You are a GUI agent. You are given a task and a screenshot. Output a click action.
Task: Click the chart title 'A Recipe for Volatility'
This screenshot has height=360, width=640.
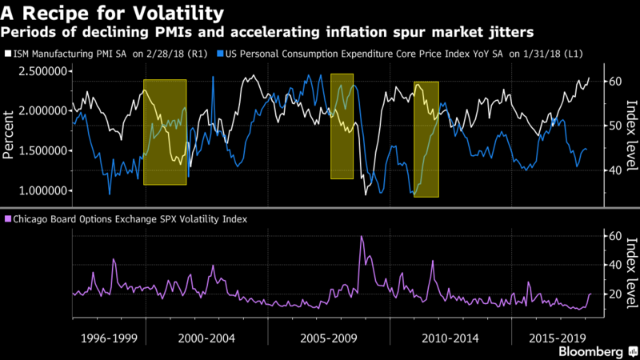coord(112,13)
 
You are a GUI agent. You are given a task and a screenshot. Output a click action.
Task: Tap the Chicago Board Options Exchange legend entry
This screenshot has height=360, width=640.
coord(128,218)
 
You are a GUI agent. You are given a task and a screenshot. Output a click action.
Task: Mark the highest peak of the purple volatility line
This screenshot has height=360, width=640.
coord(362,237)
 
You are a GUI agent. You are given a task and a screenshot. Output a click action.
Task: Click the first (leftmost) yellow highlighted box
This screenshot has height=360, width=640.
coord(165,132)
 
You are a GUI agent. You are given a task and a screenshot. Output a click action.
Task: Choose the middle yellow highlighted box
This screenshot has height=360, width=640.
coord(342,126)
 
